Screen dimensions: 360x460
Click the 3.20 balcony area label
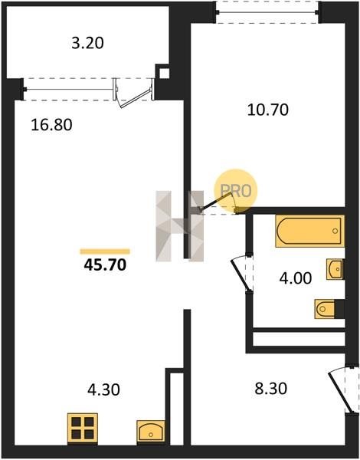pyautogui.click(x=87, y=43)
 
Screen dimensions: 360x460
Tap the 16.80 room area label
pyautogui.click(x=51, y=125)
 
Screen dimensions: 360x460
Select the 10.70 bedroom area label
pyautogui.click(x=268, y=110)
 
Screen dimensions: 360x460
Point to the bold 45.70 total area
pyautogui.click(x=105, y=265)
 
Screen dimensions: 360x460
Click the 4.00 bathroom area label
pyautogui.click(x=296, y=278)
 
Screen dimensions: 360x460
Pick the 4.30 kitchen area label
pyautogui.click(x=103, y=390)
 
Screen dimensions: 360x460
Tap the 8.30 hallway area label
pyautogui.click(x=271, y=389)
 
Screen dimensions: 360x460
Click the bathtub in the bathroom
pyautogui.click(x=309, y=232)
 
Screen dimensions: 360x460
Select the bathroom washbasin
pyautogui.click(x=335, y=269)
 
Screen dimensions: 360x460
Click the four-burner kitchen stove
pyautogui.click(x=83, y=428)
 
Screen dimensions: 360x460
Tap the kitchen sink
pyautogui.click(x=151, y=431)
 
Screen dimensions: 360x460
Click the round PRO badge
pyautogui.click(x=236, y=190)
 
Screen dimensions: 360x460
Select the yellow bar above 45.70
pyautogui.click(x=105, y=251)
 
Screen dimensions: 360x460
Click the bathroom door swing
pyautogui.click(x=241, y=273)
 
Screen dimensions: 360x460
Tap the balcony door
pyautogui.click(x=133, y=94)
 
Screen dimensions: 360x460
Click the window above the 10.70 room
pyautogui.click(x=267, y=12)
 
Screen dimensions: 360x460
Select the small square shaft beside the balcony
pyautogui.click(x=164, y=74)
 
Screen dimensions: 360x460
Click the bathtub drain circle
pyautogui.click(x=335, y=231)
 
